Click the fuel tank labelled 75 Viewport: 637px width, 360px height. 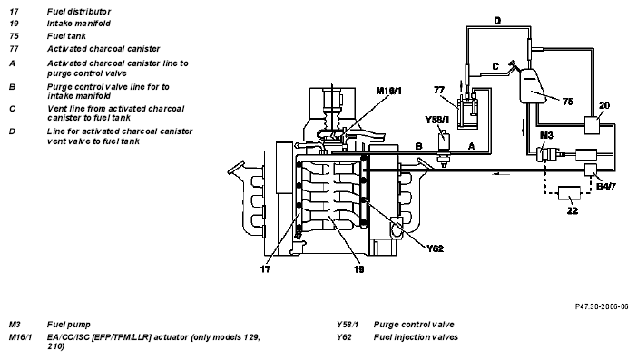(532, 85)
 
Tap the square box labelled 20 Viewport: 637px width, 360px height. (592, 125)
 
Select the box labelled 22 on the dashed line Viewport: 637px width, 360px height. (569, 193)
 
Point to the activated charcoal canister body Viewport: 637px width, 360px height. (467, 113)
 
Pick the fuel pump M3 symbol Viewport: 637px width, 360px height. (549, 154)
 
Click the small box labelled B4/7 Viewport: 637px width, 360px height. (590, 170)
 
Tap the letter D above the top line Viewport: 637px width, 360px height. (497, 20)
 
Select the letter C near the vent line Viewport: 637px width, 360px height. (495, 66)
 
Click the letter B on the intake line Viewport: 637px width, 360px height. (419, 146)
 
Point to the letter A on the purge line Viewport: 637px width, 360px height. (471, 146)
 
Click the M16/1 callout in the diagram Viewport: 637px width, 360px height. (388, 91)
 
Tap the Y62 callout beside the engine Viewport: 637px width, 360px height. (435, 248)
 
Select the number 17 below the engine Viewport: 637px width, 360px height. (265, 268)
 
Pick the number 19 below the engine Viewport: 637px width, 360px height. (358, 268)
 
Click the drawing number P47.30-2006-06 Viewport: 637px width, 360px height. (602, 306)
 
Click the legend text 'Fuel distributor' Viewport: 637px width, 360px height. (79, 12)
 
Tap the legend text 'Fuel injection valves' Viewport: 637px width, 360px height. (416, 337)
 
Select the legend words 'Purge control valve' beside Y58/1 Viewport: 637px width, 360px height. (414, 325)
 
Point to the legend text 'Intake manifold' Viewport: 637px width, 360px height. (78, 24)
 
